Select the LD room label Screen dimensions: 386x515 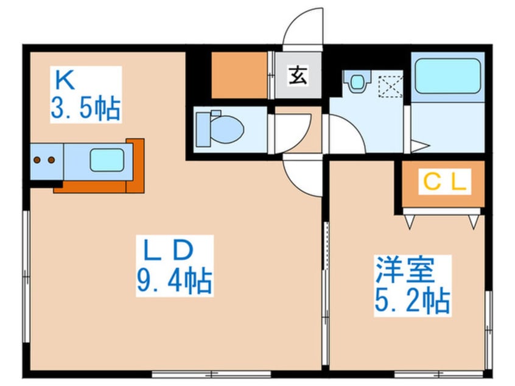click(x=169, y=250)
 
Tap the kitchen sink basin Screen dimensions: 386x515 click(x=107, y=160)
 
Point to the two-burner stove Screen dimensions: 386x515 click(x=44, y=160)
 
